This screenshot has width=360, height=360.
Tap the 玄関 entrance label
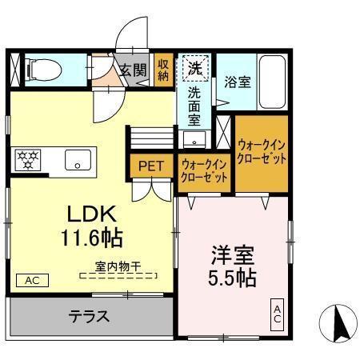tap(133, 70)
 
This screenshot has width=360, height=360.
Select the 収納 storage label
tap(163, 70)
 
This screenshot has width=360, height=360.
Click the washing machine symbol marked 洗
tap(194, 67)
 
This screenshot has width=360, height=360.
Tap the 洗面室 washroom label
tap(194, 106)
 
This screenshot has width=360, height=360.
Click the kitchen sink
tap(78, 158)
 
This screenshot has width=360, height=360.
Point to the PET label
tap(150, 166)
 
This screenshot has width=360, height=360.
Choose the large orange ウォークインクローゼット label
tap(261, 150)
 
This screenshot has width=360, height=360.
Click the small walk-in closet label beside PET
tap(205, 170)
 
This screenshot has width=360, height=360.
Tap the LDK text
tap(92, 214)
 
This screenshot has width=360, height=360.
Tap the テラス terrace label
tap(87, 316)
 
